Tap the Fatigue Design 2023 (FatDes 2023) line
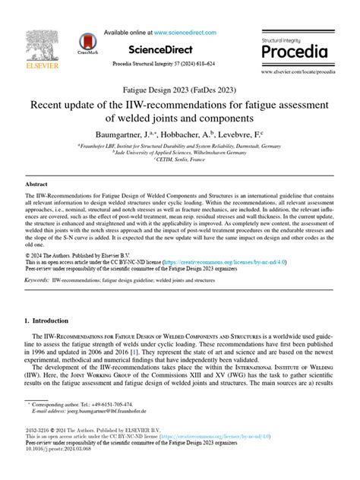click(180, 90)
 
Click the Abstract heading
click(36, 185)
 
